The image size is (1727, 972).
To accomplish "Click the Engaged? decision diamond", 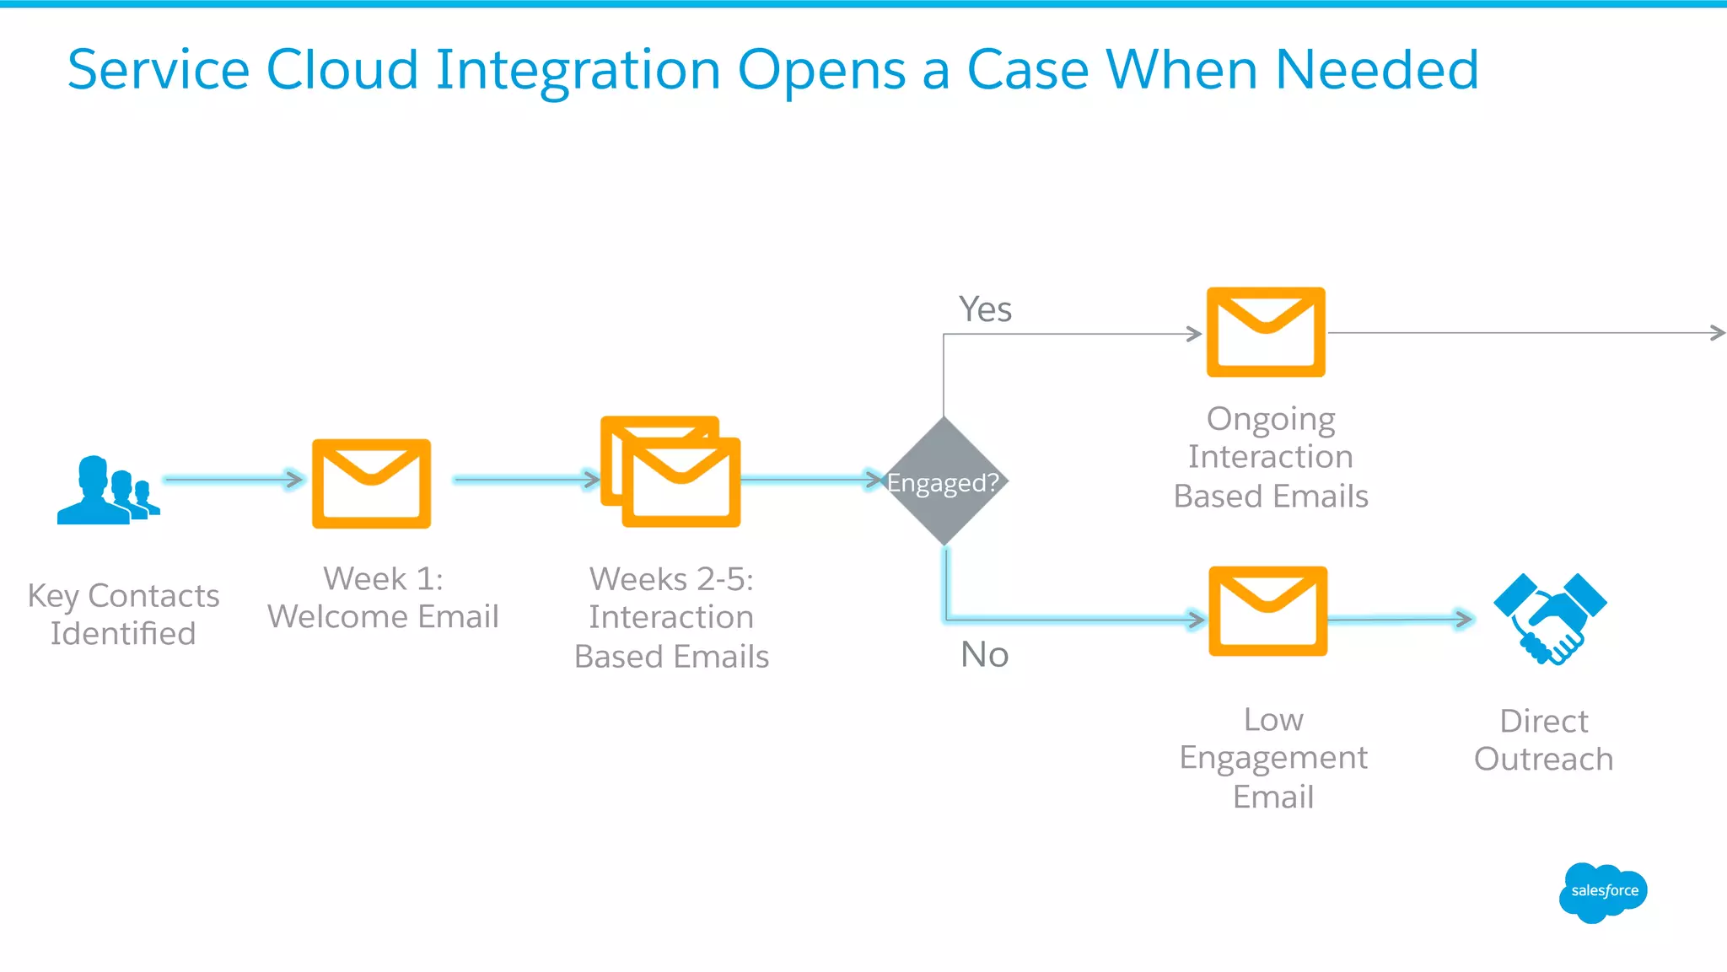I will pos(944,481).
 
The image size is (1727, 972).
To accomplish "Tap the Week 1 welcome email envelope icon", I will pos(371,483).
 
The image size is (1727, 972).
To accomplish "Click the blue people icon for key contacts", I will pos(105,491).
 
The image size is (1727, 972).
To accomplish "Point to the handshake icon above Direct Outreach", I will pos(1550,618).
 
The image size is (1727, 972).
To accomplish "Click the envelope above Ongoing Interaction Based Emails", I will pos(1266,331).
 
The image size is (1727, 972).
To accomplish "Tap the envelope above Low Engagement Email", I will pos(1267,611).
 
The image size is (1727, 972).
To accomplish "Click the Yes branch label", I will pos(985,309).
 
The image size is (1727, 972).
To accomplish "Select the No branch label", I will pos(984,654).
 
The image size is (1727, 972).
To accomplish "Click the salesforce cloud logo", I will pos(1603,892).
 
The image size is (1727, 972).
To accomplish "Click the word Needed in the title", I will pos(1376,69).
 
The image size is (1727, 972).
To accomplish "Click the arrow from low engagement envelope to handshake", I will pos(1400,620).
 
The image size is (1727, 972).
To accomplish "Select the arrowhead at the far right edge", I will pos(1718,333).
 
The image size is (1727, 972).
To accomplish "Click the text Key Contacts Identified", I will pos(123,615).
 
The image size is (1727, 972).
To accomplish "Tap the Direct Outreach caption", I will pos(1543,740).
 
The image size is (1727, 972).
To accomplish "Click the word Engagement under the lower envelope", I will pos(1272,758).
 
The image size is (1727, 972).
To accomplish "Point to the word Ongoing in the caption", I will pos(1270,419).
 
